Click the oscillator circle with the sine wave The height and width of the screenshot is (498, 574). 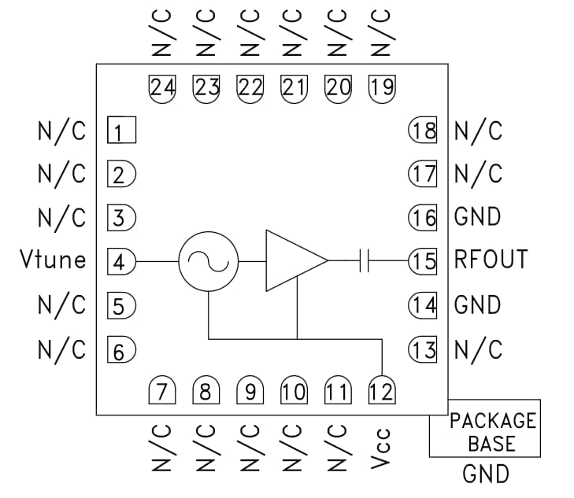pos(209,261)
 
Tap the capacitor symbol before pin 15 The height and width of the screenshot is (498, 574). pos(364,260)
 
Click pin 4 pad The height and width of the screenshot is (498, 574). pos(120,261)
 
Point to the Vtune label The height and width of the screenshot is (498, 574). pos(53,260)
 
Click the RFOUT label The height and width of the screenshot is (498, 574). pos(491,260)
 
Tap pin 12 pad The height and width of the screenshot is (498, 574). pos(381,391)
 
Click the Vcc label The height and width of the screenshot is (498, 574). pos(381,450)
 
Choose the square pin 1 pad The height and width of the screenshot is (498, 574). pos(120,131)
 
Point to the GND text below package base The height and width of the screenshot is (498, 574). pos(486,474)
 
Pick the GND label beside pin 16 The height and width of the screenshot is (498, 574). pos(477,216)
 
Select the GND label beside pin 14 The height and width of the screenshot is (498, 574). pos(477,304)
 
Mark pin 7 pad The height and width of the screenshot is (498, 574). pos(161,391)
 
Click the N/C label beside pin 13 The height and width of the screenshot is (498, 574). pos(477,349)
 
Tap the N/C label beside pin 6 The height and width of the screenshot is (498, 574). pos(61,349)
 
